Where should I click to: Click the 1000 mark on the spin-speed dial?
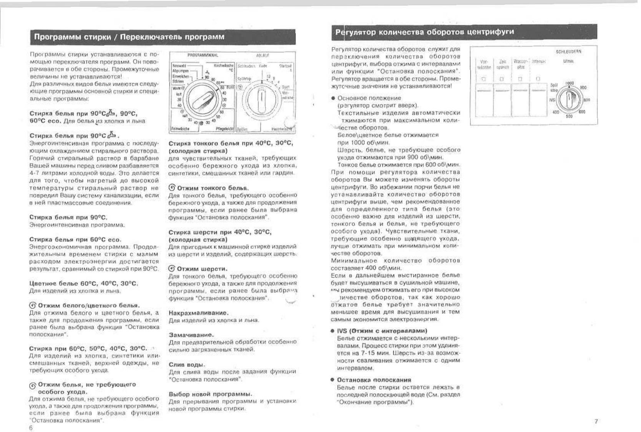[569, 83]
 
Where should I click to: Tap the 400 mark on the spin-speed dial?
[555, 112]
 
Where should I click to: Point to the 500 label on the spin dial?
[569, 116]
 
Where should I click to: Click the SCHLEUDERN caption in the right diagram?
[568, 51]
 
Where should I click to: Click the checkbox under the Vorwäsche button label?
[484, 79]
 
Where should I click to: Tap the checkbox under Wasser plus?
[520, 79]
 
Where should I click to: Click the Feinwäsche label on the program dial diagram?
[180, 129]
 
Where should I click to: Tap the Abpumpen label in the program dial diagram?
[180, 71]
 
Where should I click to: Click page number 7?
[596, 421]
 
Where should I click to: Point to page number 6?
[31, 428]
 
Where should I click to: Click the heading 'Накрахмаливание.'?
[199, 313]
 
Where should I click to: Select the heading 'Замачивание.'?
[191, 335]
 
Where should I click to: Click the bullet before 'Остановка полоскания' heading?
[332, 380]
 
